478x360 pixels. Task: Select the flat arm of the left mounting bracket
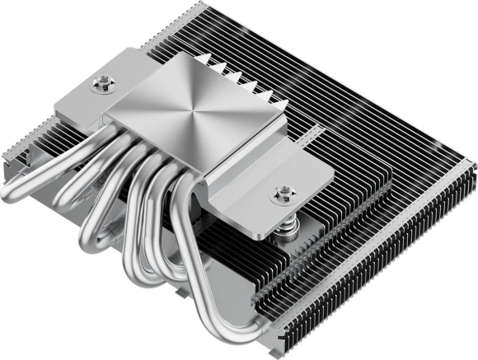[x=87, y=95]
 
